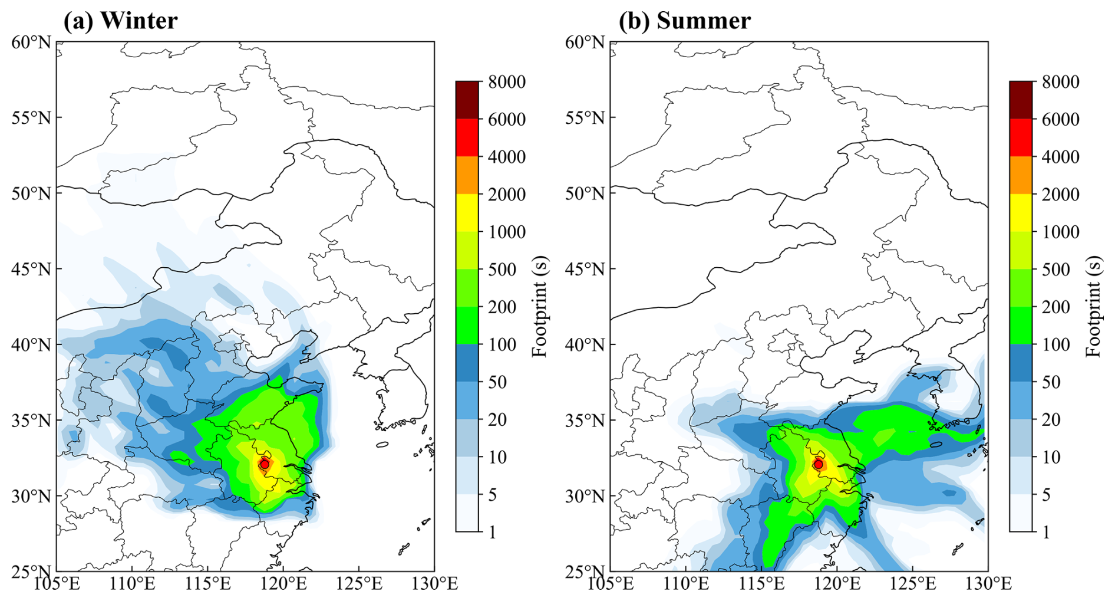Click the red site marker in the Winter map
coord(265,464)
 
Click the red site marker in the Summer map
coord(818,464)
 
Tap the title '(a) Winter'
coord(120,21)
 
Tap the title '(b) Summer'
coord(684,21)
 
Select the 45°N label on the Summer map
coord(585,269)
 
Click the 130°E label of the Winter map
coord(434,584)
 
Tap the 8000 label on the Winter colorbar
coord(507,82)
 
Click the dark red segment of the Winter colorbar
coord(467,100)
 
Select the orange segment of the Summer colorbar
coord(1021,175)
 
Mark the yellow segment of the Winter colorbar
coord(467,213)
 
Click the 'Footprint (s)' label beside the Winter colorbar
coord(540,306)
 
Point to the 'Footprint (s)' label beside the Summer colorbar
coord(1093,306)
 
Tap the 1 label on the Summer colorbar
coord(1046,532)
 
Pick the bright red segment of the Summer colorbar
coord(1021,137)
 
